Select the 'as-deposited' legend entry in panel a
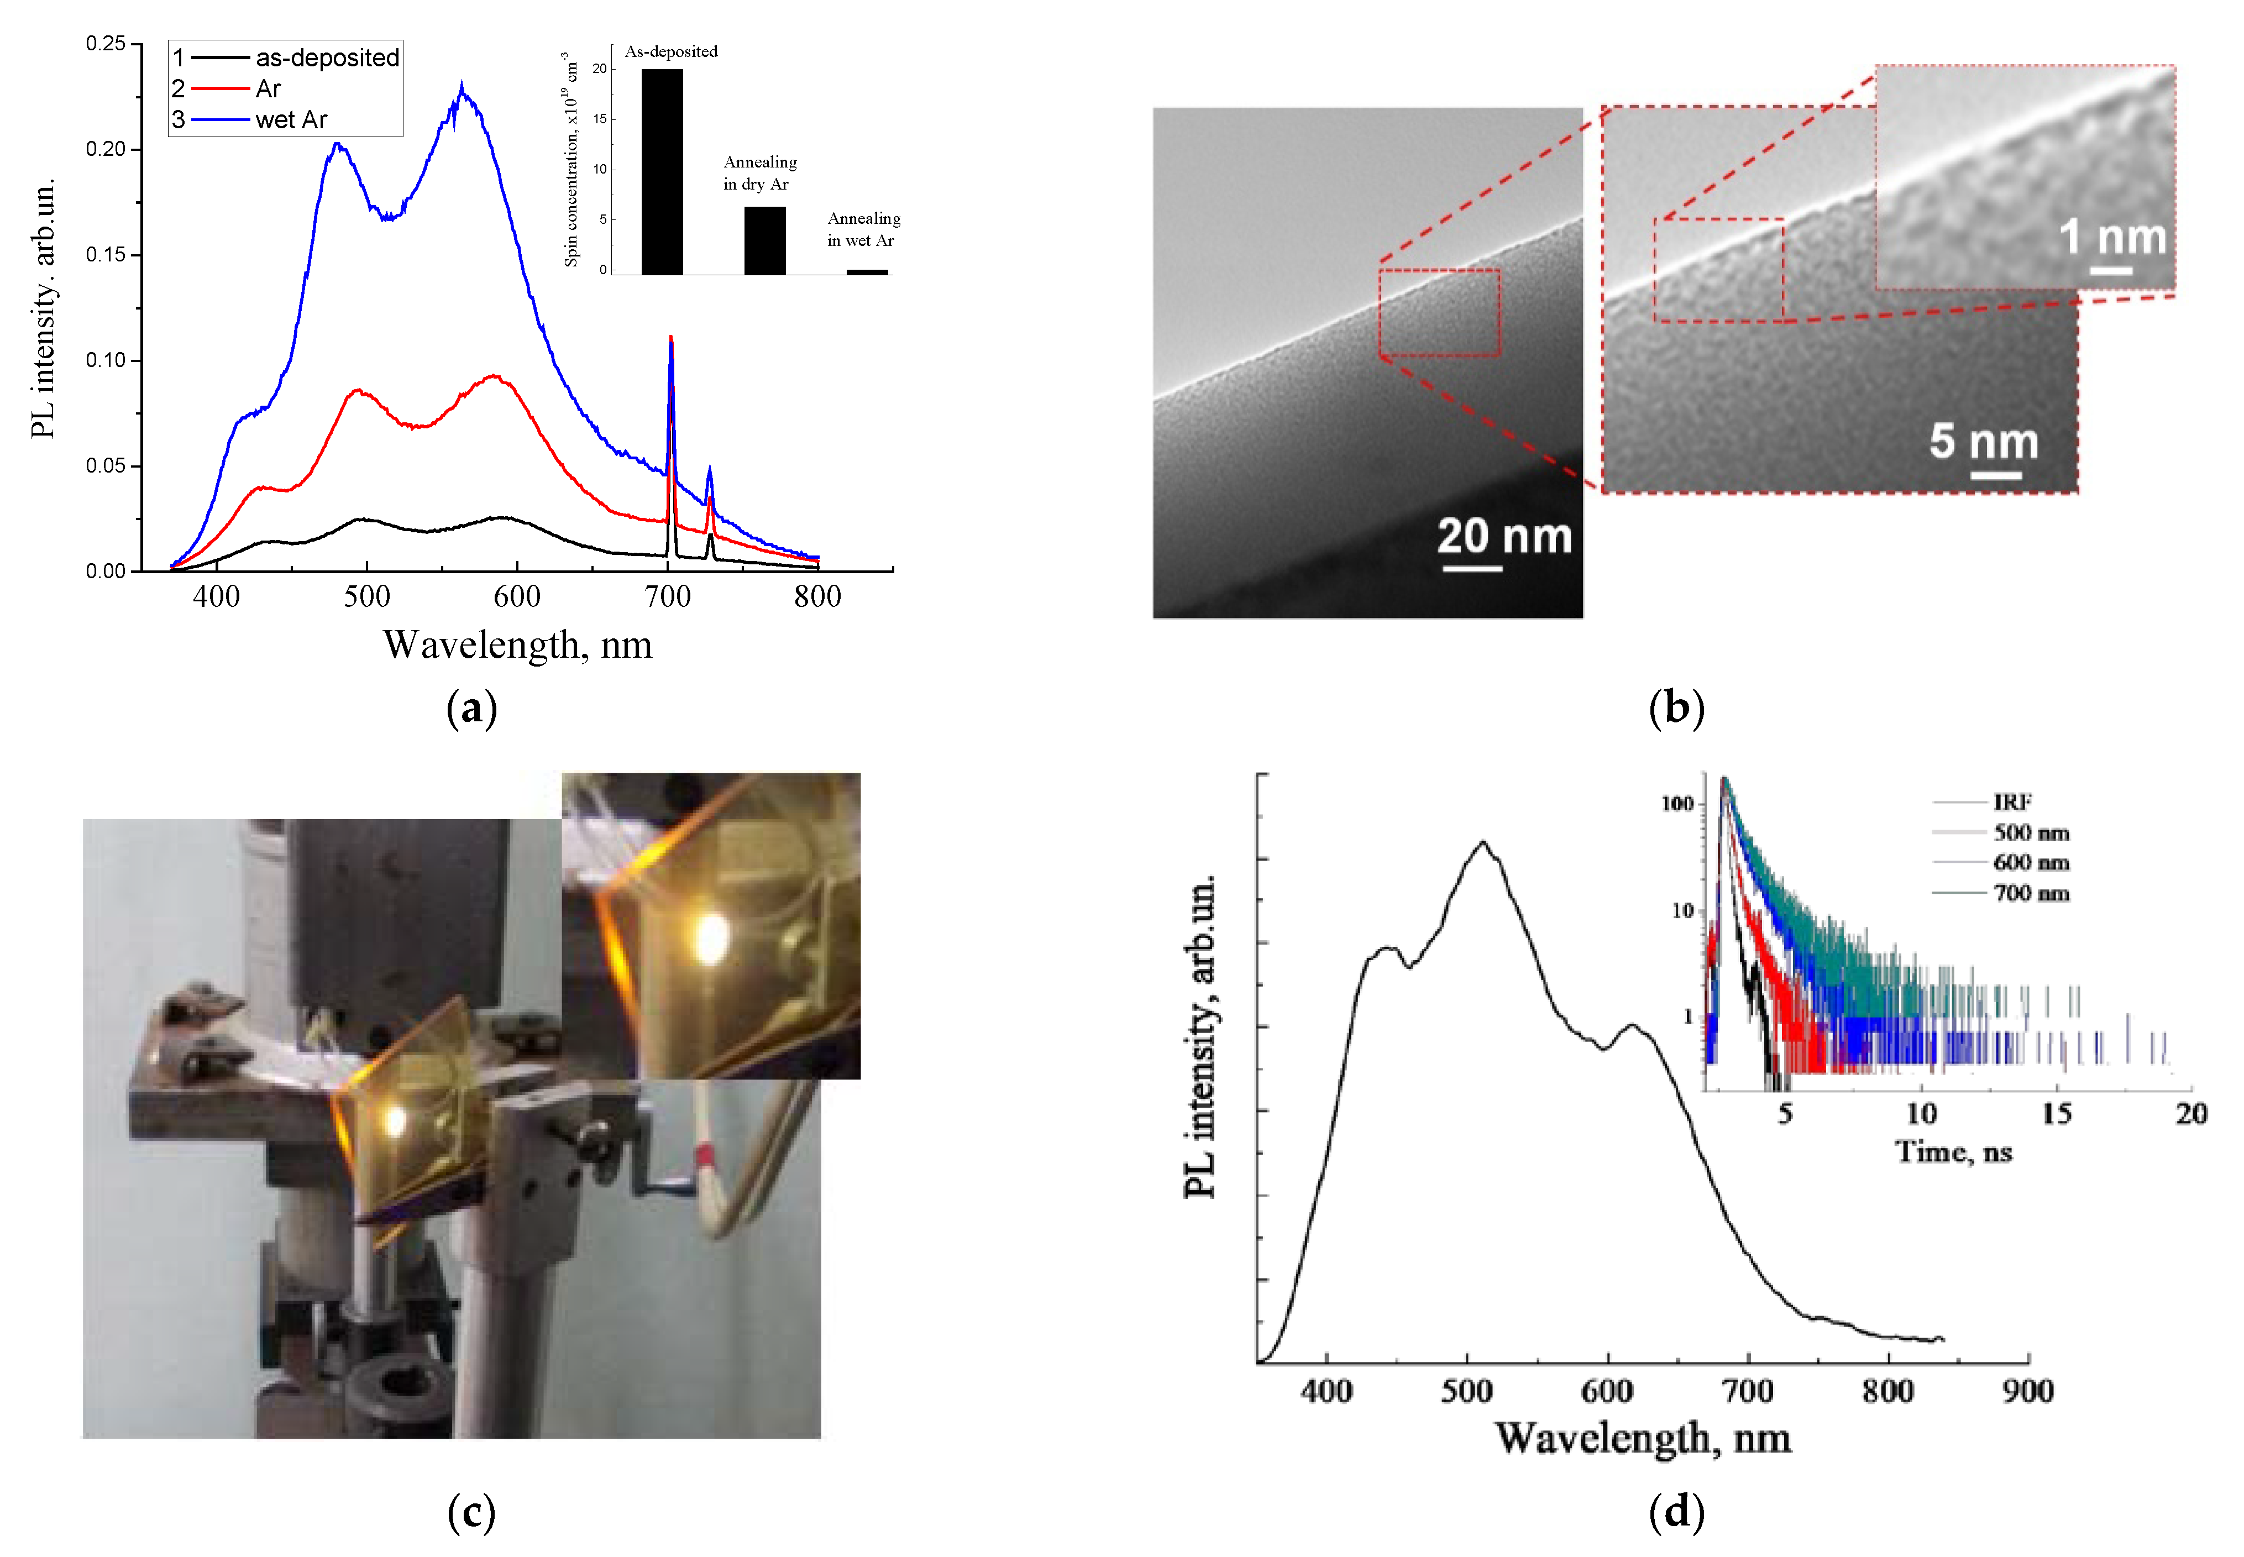[x=327, y=57]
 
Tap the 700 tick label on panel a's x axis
[x=667, y=596]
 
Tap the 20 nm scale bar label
[x=1503, y=537]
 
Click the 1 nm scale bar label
[x=2112, y=237]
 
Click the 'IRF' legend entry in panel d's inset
[x=2012, y=802]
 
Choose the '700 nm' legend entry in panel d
[x=2030, y=893]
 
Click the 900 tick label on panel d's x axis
[x=2027, y=1390]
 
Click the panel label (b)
[x=1675, y=707]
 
